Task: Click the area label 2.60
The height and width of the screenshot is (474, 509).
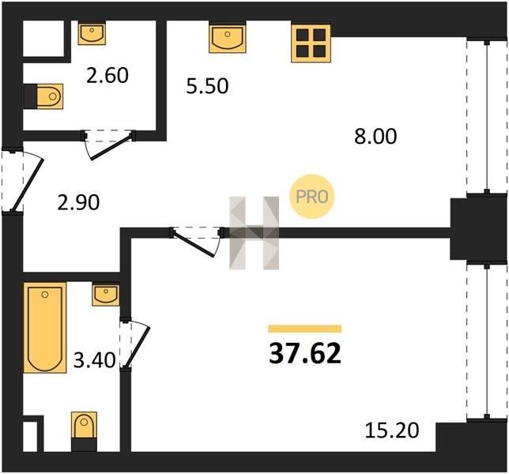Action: [107, 75]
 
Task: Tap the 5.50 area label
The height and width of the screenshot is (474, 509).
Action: [207, 86]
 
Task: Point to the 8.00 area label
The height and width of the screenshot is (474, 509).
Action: [375, 136]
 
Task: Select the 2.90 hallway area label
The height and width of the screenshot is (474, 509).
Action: [78, 203]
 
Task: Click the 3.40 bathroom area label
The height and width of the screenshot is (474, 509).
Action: [95, 360]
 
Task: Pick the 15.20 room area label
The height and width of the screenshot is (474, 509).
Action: [392, 431]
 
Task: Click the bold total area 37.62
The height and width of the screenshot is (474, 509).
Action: [305, 353]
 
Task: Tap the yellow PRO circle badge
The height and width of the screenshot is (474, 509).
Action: [311, 197]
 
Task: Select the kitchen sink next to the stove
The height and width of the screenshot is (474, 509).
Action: [228, 38]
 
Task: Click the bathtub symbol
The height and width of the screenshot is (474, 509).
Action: [45, 328]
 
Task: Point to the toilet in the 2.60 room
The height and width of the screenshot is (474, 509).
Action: [49, 96]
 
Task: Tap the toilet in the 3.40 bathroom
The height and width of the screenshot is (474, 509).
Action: [84, 431]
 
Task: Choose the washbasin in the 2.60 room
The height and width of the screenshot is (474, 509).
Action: [92, 33]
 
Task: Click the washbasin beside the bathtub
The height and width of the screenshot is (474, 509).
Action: [105, 295]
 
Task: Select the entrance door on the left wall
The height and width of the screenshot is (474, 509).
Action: [24, 179]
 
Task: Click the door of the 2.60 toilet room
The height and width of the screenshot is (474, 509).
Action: [109, 144]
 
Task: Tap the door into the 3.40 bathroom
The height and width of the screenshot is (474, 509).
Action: [135, 344]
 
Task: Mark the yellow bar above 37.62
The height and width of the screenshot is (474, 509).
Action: [305, 329]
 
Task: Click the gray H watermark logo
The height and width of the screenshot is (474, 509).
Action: [254, 233]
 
